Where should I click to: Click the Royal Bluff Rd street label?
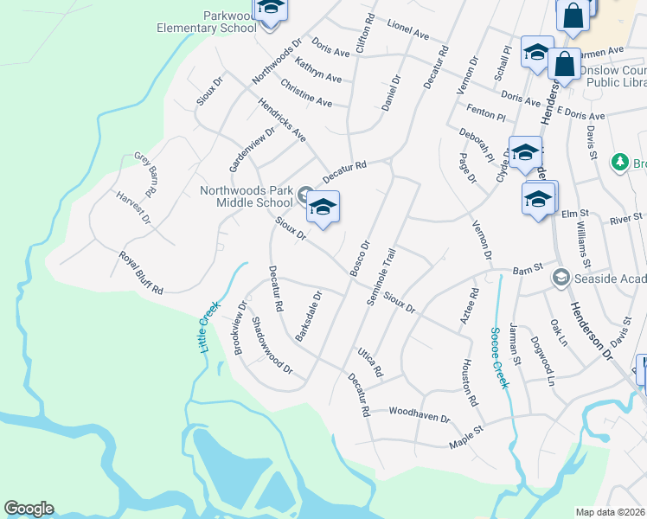pos(141,273)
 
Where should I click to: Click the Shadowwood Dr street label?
pos(272,344)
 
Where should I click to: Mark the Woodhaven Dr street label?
pos(420,417)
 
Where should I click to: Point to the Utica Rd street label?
pos(369,363)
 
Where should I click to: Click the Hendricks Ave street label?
pos(282,119)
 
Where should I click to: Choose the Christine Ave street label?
pos(306,93)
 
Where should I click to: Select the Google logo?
pos(29,509)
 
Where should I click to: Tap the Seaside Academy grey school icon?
pos(561,277)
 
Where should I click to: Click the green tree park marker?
pos(619,162)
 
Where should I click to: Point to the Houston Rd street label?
pos(470,382)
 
